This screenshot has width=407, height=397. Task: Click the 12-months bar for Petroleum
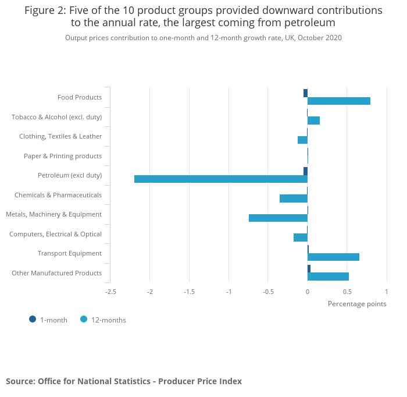tap(221, 179)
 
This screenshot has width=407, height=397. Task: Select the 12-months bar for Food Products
tap(339, 101)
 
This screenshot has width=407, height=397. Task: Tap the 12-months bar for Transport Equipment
tap(333, 257)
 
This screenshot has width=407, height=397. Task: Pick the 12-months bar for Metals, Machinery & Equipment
tap(278, 218)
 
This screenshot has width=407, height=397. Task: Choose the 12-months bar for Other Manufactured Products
tap(328, 277)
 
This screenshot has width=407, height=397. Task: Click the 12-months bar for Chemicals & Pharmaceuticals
tap(294, 198)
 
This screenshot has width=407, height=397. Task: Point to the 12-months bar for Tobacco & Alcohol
tap(313, 120)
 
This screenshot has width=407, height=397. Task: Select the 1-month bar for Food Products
tap(305, 93)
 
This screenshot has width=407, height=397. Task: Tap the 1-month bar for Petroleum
tap(305, 171)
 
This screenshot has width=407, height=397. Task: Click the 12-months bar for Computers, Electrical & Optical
tap(301, 238)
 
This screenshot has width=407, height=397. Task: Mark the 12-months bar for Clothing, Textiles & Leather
tap(302, 140)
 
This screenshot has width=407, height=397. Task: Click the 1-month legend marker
tap(33, 319)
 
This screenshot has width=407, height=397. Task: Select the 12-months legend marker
tap(84, 319)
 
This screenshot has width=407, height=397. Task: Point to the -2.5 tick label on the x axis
tap(110, 292)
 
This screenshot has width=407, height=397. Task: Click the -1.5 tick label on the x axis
tap(189, 292)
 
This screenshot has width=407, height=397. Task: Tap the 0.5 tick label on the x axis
tap(347, 292)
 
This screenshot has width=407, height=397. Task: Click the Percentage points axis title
tap(357, 303)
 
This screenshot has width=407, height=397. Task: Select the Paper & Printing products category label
tap(63, 156)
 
